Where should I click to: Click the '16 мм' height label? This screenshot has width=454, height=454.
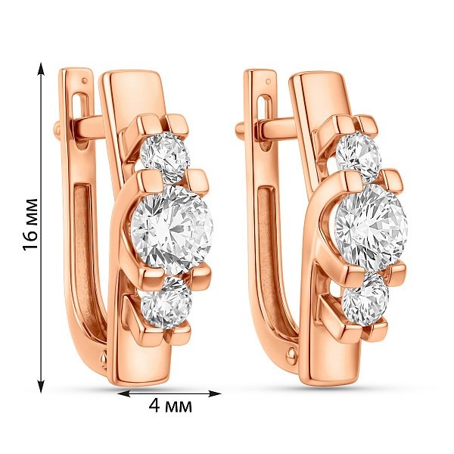click(30, 224)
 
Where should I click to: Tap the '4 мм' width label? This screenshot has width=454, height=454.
click(170, 406)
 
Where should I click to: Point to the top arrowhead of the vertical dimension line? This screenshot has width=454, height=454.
click(42, 69)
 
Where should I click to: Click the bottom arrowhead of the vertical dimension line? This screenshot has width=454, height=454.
click(42, 386)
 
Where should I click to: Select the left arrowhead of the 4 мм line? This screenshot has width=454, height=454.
click(124, 393)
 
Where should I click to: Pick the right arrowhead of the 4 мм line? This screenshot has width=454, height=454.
click(215, 393)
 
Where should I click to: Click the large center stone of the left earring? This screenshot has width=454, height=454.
click(172, 230)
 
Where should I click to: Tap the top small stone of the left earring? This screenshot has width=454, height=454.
click(165, 158)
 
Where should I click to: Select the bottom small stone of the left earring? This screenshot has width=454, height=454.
click(167, 302)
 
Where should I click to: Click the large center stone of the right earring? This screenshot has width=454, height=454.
click(372, 227)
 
